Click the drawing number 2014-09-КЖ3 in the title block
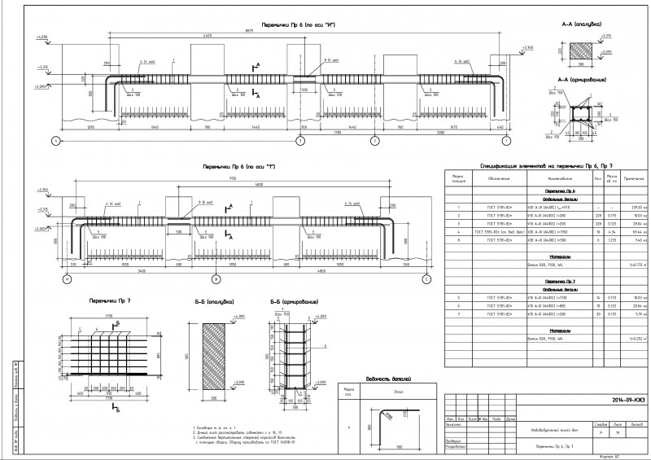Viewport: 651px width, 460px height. tap(610, 399)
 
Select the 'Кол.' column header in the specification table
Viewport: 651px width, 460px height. tap(598, 177)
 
